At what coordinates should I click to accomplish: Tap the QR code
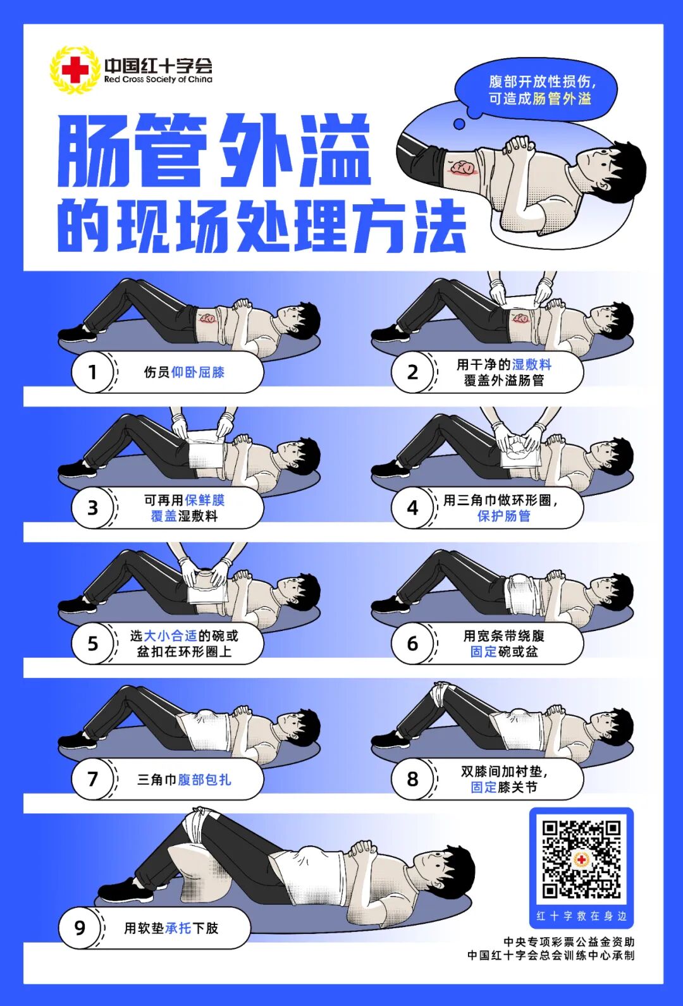tap(581, 859)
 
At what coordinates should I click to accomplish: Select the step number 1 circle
tap(92, 372)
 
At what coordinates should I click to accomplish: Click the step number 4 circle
tap(412, 508)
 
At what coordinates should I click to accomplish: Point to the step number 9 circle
tap(80, 928)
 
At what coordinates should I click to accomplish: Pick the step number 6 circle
tap(412, 644)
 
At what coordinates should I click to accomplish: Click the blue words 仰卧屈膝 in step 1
tap(198, 372)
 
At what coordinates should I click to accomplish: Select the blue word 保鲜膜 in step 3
tap(204, 500)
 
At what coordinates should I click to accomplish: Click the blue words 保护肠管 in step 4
tap(504, 516)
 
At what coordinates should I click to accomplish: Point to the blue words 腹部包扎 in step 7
tap(204, 780)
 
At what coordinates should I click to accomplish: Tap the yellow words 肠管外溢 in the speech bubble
tap(562, 99)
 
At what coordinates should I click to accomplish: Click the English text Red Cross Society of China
tap(158, 80)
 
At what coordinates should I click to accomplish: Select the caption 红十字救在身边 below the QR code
tap(581, 916)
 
